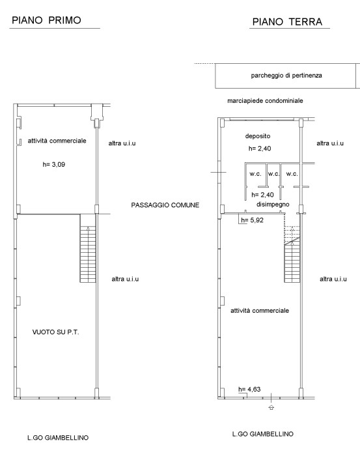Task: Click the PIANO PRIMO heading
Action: (x=46, y=20)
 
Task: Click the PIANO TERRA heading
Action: (x=287, y=21)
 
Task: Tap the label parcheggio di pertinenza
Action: (x=286, y=76)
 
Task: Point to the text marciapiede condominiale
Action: (x=265, y=101)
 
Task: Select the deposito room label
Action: (x=258, y=136)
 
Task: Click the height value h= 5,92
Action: (x=253, y=220)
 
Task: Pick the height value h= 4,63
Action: (x=249, y=390)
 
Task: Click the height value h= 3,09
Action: (x=54, y=164)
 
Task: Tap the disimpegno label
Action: (x=273, y=205)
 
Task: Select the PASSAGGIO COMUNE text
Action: (x=165, y=205)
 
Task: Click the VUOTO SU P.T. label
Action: (x=55, y=332)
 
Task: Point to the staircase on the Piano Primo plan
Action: (x=88, y=249)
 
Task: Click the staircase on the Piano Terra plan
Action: (x=292, y=254)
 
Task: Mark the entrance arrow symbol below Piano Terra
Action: (x=271, y=407)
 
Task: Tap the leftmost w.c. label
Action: (x=255, y=174)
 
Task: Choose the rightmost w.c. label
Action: (x=292, y=174)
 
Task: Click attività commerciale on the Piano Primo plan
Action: (x=57, y=141)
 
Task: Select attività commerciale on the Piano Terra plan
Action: (x=260, y=311)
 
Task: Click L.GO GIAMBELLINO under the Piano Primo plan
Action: (x=58, y=438)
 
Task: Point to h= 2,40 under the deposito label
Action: (x=260, y=149)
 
